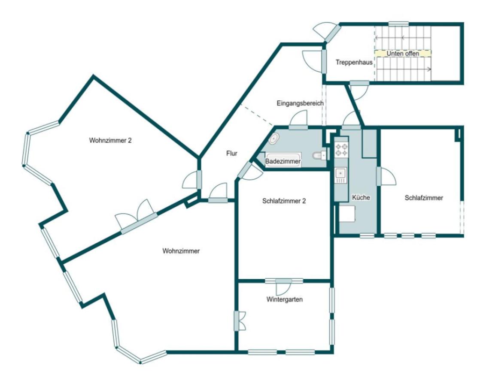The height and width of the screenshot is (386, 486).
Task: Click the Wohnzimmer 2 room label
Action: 110,140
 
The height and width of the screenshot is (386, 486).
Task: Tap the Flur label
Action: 231,153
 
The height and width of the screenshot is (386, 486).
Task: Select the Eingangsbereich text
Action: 300,103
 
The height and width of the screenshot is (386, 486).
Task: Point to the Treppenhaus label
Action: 354,62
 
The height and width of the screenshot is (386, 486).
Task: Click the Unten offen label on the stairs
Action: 403,54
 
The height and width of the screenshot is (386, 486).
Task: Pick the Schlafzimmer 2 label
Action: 284,201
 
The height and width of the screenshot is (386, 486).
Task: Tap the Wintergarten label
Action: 285,300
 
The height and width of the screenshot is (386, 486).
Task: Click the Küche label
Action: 361,197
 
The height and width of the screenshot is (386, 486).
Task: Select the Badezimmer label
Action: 282,161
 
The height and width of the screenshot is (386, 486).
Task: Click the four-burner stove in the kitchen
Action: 341,149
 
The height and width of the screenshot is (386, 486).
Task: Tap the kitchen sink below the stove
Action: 340,175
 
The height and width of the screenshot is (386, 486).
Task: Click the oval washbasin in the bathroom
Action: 273,139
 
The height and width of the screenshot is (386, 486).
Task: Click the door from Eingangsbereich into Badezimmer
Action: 298,120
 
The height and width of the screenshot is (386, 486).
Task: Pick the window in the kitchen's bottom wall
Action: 367,236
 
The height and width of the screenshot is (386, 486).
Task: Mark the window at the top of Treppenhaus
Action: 398,24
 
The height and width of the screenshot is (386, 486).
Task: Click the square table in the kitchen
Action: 347,214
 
